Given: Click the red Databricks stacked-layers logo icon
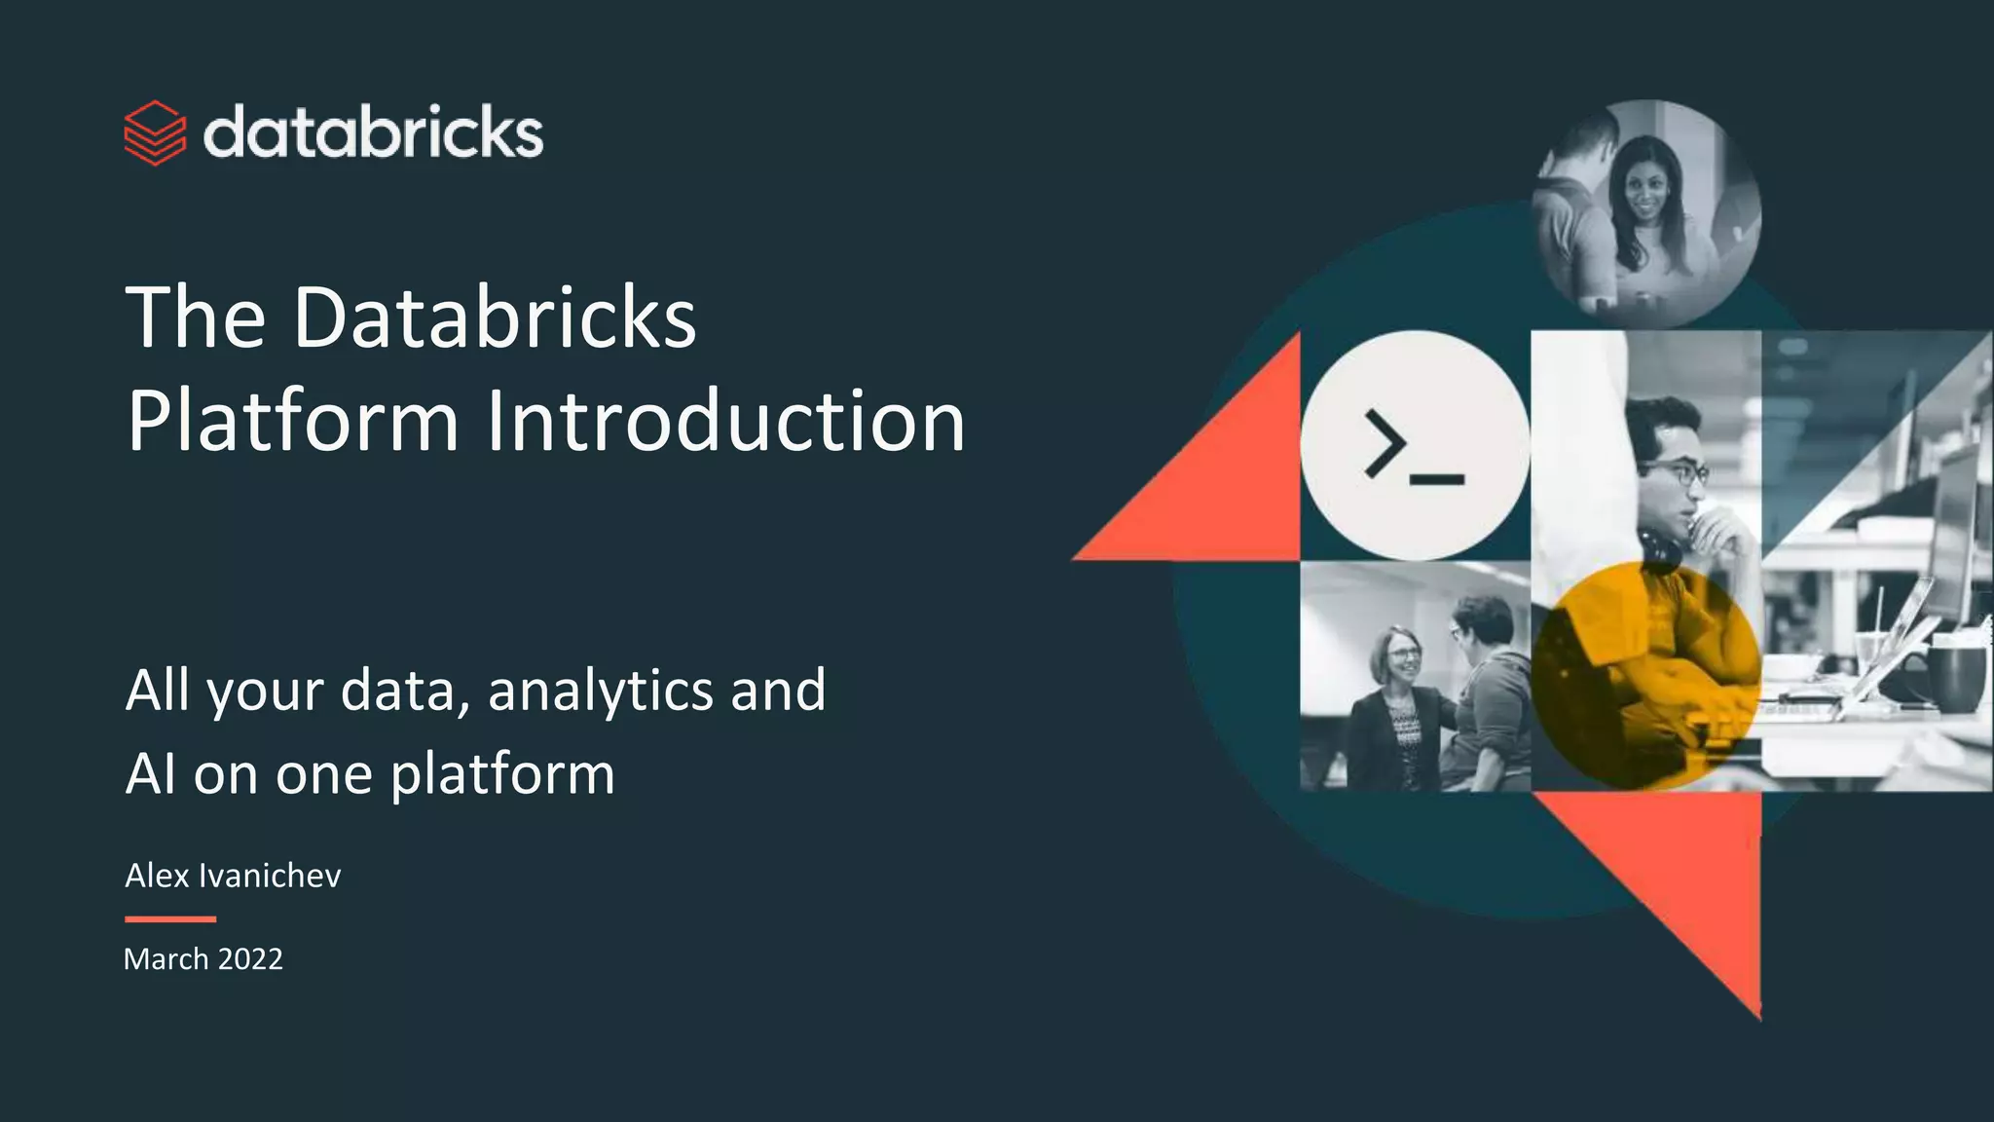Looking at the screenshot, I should [x=155, y=132].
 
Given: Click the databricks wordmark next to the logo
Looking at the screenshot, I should [x=373, y=132].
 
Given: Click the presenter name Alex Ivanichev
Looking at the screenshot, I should [x=233, y=876].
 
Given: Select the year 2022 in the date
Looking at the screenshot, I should [x=250, y=959].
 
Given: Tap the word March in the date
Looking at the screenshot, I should [x=166, y=959].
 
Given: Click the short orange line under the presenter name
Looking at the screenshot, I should [x=170, y=918].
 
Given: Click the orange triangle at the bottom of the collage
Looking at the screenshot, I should [x=1694, y=877].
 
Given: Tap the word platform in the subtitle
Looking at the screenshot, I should [x=502, y=774].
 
